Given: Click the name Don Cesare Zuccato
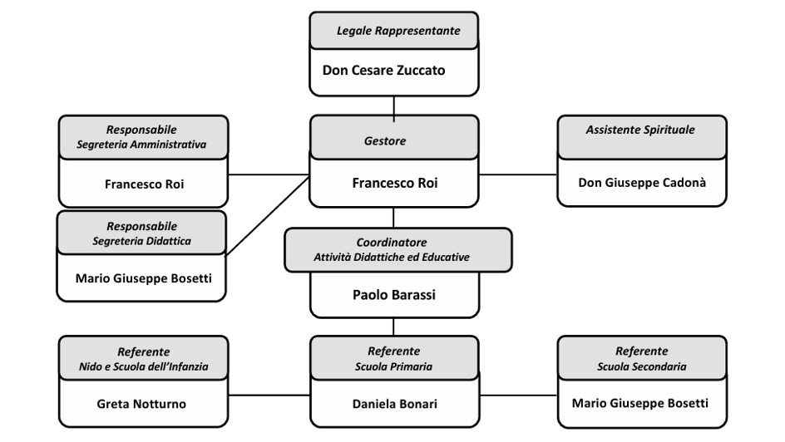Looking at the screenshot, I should [x=383, y=70].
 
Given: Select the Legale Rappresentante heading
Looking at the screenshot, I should [x=397, y=31].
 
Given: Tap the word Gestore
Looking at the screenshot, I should [x=385, y=141].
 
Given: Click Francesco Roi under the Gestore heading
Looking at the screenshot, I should [x=394, y=183].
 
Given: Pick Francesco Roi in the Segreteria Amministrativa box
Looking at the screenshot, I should [x=144, y=184].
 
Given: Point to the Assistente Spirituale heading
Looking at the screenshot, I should [x=639, y=130].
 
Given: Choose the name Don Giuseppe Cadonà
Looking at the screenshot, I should [x=642, y=182].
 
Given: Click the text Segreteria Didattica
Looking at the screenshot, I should [x=142, y=241].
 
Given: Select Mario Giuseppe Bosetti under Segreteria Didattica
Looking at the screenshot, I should [x=143, y=277].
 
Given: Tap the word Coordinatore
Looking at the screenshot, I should [x=392, y=242].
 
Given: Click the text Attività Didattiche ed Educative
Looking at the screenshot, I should [x=392, y=258].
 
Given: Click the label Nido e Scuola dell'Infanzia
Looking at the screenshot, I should [x=144, y=366].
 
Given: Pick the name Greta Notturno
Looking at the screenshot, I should [x=142, y=404].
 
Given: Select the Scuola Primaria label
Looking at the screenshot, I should [x=394, y=366].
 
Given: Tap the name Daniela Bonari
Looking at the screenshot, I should [x=394, y=404].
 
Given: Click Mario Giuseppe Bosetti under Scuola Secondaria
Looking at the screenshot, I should [x=640, y=403].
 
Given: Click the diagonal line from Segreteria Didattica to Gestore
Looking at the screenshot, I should [x=268, y=215].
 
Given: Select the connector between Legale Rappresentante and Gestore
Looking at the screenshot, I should [x=394, y=106].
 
